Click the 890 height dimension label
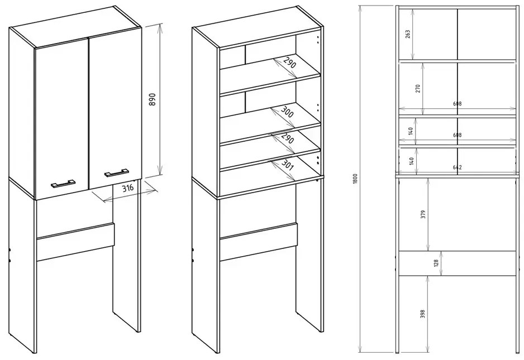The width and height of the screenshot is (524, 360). click(152, 99)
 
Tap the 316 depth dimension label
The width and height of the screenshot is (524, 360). click(127, 188)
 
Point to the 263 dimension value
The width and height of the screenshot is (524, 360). click(408, 34)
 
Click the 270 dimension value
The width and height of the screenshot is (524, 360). click(418, 89)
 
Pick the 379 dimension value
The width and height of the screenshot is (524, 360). click(423, 214)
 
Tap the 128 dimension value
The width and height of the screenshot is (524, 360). click(436, 263)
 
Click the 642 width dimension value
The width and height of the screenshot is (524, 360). click(457, 167)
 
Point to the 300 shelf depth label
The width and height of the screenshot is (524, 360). click(287, 112)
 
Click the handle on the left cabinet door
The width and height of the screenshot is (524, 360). click(63, 184)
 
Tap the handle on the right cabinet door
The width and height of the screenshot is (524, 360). click(116, 172)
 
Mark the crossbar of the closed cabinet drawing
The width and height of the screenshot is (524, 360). click(75, 242)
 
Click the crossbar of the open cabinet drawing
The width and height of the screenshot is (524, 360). click(259, 242)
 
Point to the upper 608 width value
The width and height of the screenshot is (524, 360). click(457, 104)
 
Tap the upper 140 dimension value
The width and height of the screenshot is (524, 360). click(411, 130)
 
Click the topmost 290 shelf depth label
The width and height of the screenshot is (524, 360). click(289, 63)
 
